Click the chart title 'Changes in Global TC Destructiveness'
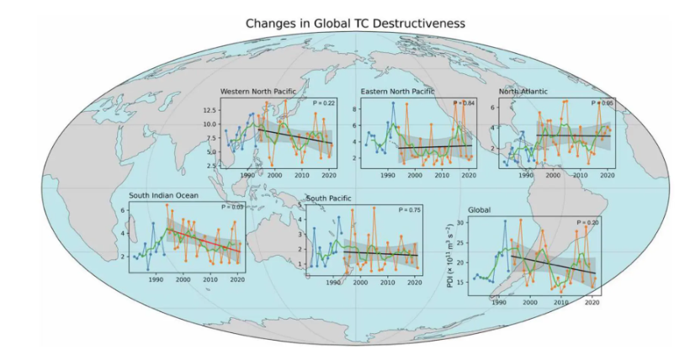pyautogui.click(x=354, y=23)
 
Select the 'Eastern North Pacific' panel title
pyautogui.click(x=397, y=91)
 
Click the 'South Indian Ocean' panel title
pyautogui.click(x=163, y=195)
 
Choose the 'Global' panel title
pyautogui.click(x=480, y=209)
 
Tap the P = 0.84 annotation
pyautogui.click(x=464, y=103)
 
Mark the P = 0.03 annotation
pyautogui.click(x=231, y=207)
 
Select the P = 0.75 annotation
pyautogui.click(x=409, y=210)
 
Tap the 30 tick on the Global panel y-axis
pyautogui.click(x=459, y=224)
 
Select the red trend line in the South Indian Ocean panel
pyautogui.click(x=203, y=240)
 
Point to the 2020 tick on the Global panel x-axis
pyautogui.click(x=591, y=301)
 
